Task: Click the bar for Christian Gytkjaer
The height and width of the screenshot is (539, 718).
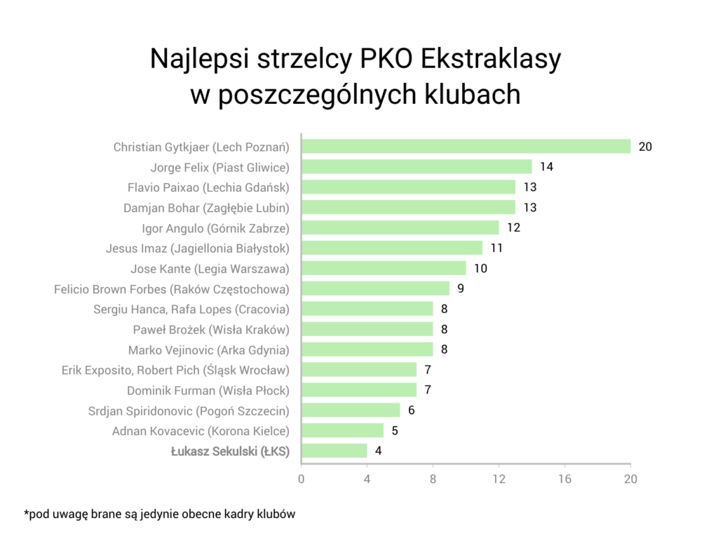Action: click(466, 146)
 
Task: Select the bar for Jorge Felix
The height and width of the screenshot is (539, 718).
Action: click(416, 167)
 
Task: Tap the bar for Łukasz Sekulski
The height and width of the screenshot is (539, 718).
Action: click(334, 451)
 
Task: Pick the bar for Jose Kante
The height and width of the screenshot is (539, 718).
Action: click(384, 268)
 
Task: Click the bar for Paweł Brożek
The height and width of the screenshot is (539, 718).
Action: click(367, 328)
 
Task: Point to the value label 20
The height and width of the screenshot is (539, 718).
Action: click(645, 147)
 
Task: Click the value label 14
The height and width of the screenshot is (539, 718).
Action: click(546, 167)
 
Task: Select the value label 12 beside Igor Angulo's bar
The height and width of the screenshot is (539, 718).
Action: click(513, 227)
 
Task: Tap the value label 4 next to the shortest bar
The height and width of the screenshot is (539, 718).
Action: click(379, 451)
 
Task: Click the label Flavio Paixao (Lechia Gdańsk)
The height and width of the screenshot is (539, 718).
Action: click(208, 187)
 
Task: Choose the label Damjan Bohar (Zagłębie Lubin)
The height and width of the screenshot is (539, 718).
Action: click(206, 208)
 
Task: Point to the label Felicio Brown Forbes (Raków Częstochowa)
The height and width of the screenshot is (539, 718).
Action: click(172, 288)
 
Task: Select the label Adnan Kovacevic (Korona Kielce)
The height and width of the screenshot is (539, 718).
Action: click(201, 431)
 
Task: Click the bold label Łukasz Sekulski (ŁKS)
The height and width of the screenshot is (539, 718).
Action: click(230, 451)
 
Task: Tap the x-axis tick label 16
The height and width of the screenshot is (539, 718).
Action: click(564, 479)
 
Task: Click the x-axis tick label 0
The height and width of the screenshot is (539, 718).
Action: click(302, 479)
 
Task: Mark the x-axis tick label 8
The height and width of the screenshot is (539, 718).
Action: click(433, 479)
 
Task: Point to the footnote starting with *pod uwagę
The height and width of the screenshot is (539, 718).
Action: click(159, 514)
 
